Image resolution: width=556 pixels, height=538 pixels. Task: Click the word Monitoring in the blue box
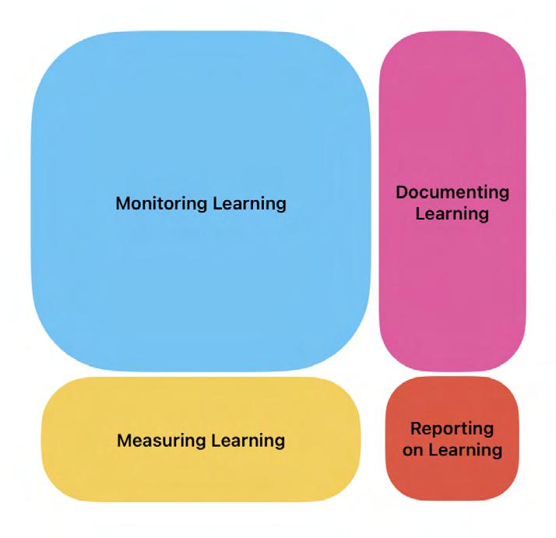pos(163,204)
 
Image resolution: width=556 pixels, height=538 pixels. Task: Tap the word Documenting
pos(452,192)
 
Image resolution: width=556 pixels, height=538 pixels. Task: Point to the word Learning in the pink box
pos(452,213)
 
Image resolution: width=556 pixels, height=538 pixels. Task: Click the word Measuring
pos(161,441)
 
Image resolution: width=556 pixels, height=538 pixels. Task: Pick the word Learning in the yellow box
pos(248,441)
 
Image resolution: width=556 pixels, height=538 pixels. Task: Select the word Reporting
pos(452,428)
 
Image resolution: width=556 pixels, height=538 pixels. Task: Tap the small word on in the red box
pos(413,450)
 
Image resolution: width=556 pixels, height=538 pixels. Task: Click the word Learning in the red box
pos(463,450)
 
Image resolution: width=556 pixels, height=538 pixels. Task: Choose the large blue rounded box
pos(200,117)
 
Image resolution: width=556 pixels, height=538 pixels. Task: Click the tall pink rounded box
pos(452,296)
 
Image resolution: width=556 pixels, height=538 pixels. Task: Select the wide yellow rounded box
pos(200,475)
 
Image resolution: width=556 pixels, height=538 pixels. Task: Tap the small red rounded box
pos(452,479)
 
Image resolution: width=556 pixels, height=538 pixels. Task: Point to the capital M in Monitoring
pos(122,204)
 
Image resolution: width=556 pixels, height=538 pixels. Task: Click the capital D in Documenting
pos(401,192)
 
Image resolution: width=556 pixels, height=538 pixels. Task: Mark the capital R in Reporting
pos(415,428)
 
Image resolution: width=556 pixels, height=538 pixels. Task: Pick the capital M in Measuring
pos(123,441)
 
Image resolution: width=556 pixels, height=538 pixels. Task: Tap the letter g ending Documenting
pos(504,193)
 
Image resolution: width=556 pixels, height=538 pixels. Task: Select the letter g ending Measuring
pos(202,442)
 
